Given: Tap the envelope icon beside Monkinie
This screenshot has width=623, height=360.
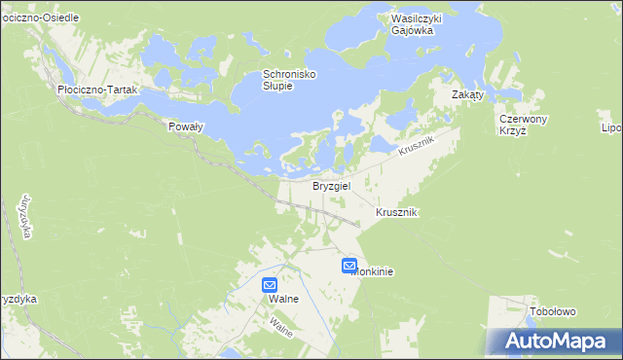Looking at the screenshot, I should click(349, 265).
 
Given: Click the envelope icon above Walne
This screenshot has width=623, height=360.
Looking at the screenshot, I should click(271, 285).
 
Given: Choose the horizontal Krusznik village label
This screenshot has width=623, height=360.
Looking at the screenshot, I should click(397, 212).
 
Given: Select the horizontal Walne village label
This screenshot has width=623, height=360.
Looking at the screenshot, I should click(283, 299).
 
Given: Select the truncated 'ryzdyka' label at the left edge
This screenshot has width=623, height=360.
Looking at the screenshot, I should click(18, 300).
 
